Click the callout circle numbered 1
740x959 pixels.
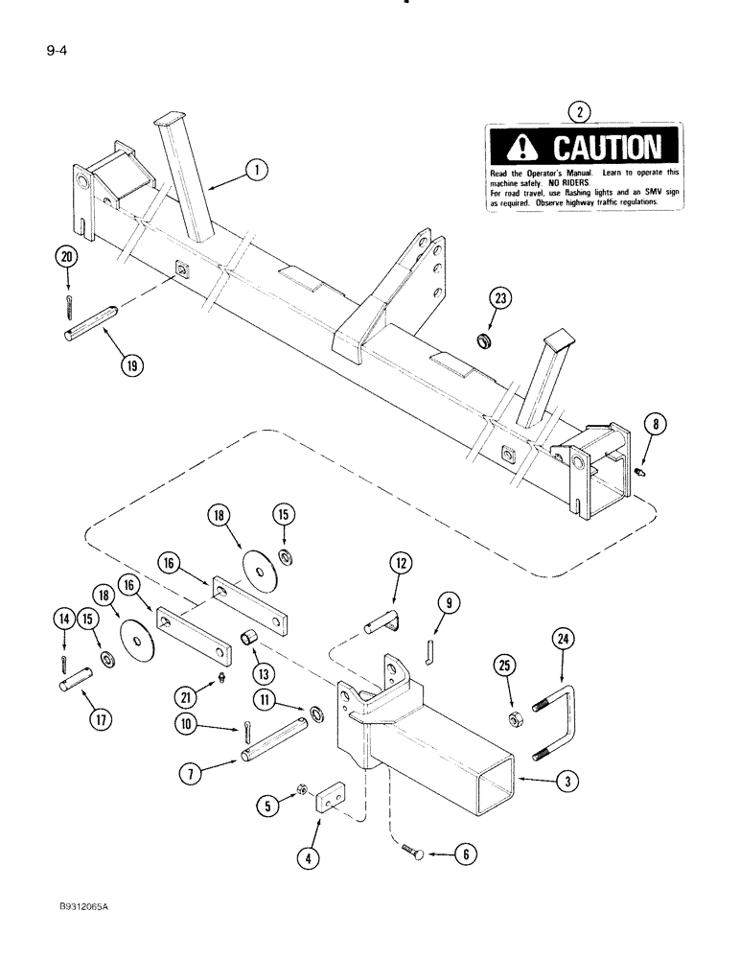pos(255,171)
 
